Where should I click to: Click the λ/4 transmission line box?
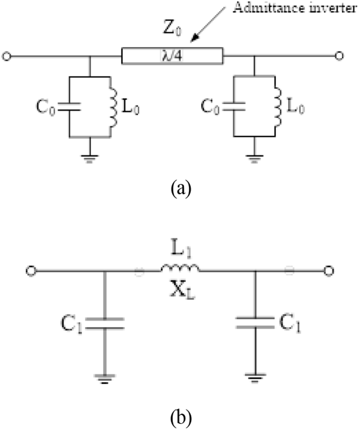tap(172, 56)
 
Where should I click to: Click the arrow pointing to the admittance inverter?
tap(208, 25)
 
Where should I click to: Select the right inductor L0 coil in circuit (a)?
tap(277, 107)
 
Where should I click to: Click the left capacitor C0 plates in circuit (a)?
tap(70, 107)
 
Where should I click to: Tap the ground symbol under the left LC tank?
tap(90, 159)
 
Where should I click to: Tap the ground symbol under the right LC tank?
tap(254, 159)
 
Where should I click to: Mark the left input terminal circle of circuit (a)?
tap(6, 57)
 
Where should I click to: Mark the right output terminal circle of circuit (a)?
tap(340, 56)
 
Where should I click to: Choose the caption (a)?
tap(181, 188)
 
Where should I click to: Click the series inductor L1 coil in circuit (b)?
tap(180, 268)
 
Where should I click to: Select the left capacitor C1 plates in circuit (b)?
tap(104, 323)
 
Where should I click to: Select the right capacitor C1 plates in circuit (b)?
tap(255, 323)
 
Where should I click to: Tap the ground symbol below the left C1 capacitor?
tap(104, 379)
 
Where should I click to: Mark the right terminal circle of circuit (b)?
tap(329, 271)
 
